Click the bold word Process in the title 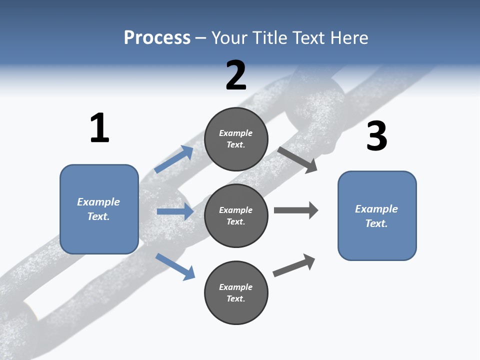tap(157, 37)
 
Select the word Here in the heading tap(349, 37)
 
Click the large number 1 tap(100, 127)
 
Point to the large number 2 tap(236, 75)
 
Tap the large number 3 tap(377, 135)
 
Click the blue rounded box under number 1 tap(99, 209)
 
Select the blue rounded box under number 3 tap(377, 216)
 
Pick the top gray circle tap(236, 139)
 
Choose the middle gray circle tap(236, 216)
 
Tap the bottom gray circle tap(236, 292)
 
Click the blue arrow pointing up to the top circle tap(173, 159)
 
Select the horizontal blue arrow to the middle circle tap(175, 211)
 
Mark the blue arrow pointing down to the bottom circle tap(175, 267)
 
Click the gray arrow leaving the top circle tap(297, 160)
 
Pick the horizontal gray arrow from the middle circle tap(296, 210)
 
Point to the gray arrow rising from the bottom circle tap(294, 265)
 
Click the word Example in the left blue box tap(98, 202)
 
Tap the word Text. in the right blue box tap(376, 223)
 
